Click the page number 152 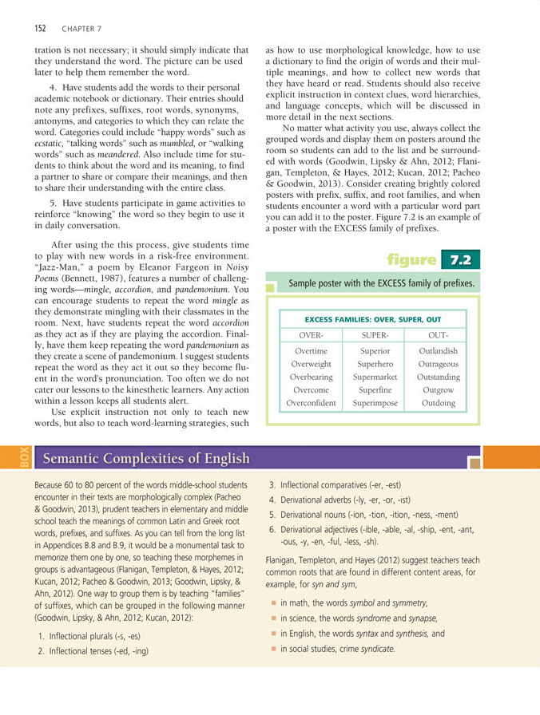tap(40, 29)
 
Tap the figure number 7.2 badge tap(459, 259)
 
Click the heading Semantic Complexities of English tap(145, 458)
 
